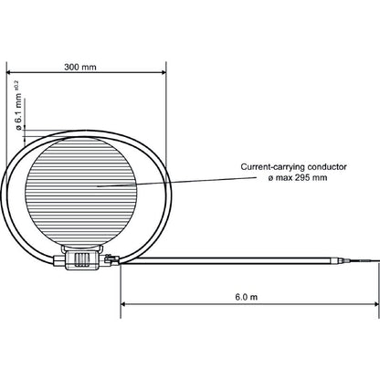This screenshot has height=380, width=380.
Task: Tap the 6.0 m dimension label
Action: [x=245, y=297]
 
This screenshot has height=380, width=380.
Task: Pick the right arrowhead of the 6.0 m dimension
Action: [x=370, y=304]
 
